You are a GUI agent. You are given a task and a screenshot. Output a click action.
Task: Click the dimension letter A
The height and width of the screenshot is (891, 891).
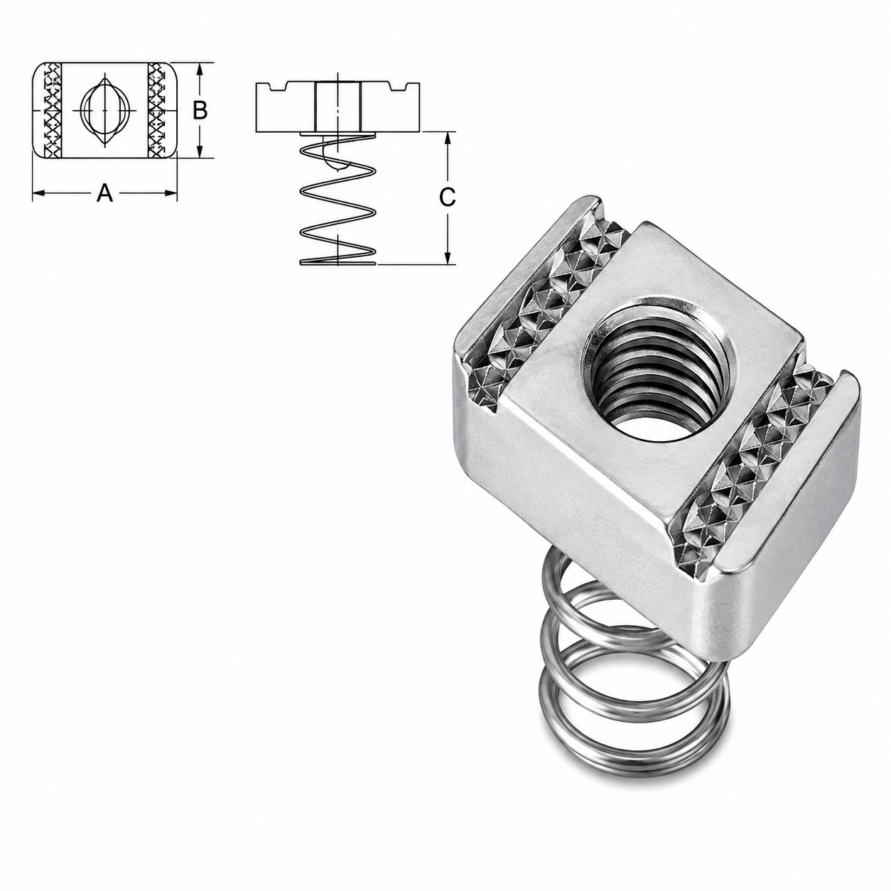104,193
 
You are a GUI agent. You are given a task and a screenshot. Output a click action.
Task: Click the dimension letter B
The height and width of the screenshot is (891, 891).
200,111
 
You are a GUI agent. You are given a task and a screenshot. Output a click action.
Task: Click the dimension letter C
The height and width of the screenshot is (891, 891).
447,198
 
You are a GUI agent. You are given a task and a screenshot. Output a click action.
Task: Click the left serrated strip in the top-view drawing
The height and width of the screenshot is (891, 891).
52,111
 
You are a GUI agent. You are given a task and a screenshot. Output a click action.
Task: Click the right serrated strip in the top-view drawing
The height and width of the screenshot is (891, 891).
157,111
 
